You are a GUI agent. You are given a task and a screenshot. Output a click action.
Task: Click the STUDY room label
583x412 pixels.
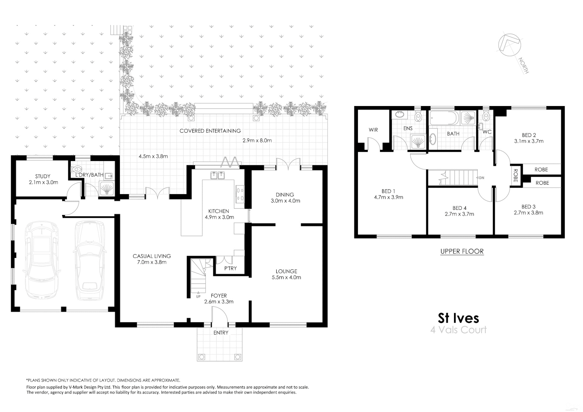tap(43, 176)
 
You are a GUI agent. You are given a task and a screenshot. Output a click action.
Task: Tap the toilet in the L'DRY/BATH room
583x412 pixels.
tap(77, 169)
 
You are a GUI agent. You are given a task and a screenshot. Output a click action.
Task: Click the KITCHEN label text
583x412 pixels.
tap(219, 211)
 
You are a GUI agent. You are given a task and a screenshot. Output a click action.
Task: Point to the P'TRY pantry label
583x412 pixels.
tap(230, 268)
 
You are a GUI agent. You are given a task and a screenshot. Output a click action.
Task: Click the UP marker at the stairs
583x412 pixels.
tap(198, 296)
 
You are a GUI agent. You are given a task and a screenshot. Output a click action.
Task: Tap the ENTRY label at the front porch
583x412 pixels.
tap(221, 333)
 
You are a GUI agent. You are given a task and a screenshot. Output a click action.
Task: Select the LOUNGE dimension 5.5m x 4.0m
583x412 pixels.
tap(286, 277)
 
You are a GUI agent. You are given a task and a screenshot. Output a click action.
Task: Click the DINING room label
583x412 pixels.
tap(285, 195)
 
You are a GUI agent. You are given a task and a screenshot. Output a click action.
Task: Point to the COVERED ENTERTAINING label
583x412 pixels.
tap(210, 131)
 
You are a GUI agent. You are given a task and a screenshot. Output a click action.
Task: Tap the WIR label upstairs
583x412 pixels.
tap(373, 130)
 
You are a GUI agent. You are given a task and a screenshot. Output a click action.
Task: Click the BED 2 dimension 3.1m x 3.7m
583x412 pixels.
tap(529, 141)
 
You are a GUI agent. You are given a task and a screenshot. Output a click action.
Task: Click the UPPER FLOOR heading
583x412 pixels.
tap(462, 251)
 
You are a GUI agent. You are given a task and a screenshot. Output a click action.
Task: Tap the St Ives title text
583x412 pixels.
tap(458, 318)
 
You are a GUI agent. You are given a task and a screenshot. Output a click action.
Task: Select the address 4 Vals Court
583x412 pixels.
tap(458, 330)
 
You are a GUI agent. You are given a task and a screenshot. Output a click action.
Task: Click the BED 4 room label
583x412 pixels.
tap(459, 208)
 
